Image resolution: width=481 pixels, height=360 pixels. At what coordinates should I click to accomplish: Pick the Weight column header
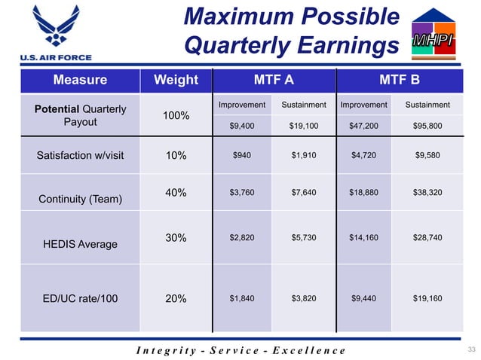click(176, 80)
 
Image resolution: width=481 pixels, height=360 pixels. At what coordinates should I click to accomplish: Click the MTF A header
click(272, 80)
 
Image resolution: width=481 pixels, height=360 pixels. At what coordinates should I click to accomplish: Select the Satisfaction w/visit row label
click(79, 156)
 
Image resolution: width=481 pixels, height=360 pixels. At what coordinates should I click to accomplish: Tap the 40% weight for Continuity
click(176, 193)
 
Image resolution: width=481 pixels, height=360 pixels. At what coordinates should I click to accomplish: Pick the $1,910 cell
click(303, 156)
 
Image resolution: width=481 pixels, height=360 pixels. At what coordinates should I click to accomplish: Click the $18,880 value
click(364, 193)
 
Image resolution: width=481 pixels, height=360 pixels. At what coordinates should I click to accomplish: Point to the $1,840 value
click(242, 297)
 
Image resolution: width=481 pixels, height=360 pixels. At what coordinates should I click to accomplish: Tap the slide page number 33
click(472, 349)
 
